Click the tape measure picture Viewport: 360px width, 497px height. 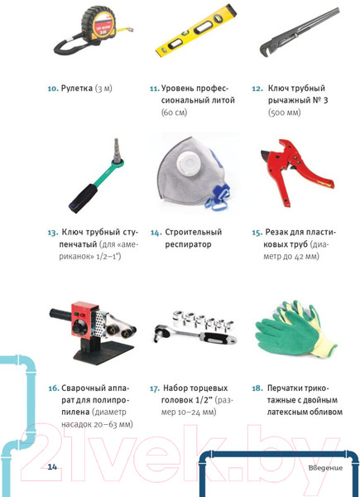point(95,30)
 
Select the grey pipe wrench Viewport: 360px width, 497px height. point(299,31)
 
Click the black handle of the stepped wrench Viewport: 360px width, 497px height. point(83,197)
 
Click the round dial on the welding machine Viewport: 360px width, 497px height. point(77,328)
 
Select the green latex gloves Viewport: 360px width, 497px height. point(296,331)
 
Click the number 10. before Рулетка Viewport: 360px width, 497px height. point(53,89)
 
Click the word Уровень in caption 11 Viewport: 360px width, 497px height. point(176,89)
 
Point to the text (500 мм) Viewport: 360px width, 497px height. point(285,113)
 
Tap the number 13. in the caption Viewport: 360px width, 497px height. point(53,233)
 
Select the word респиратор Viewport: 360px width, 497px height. point(188,244)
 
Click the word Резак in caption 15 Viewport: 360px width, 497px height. point(276,232)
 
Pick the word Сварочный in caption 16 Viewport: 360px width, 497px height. point(82,388)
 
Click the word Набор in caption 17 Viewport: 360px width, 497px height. point(175,388)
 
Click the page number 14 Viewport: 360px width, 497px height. point(52,466)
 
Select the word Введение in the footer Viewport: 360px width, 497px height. point(325,468)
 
